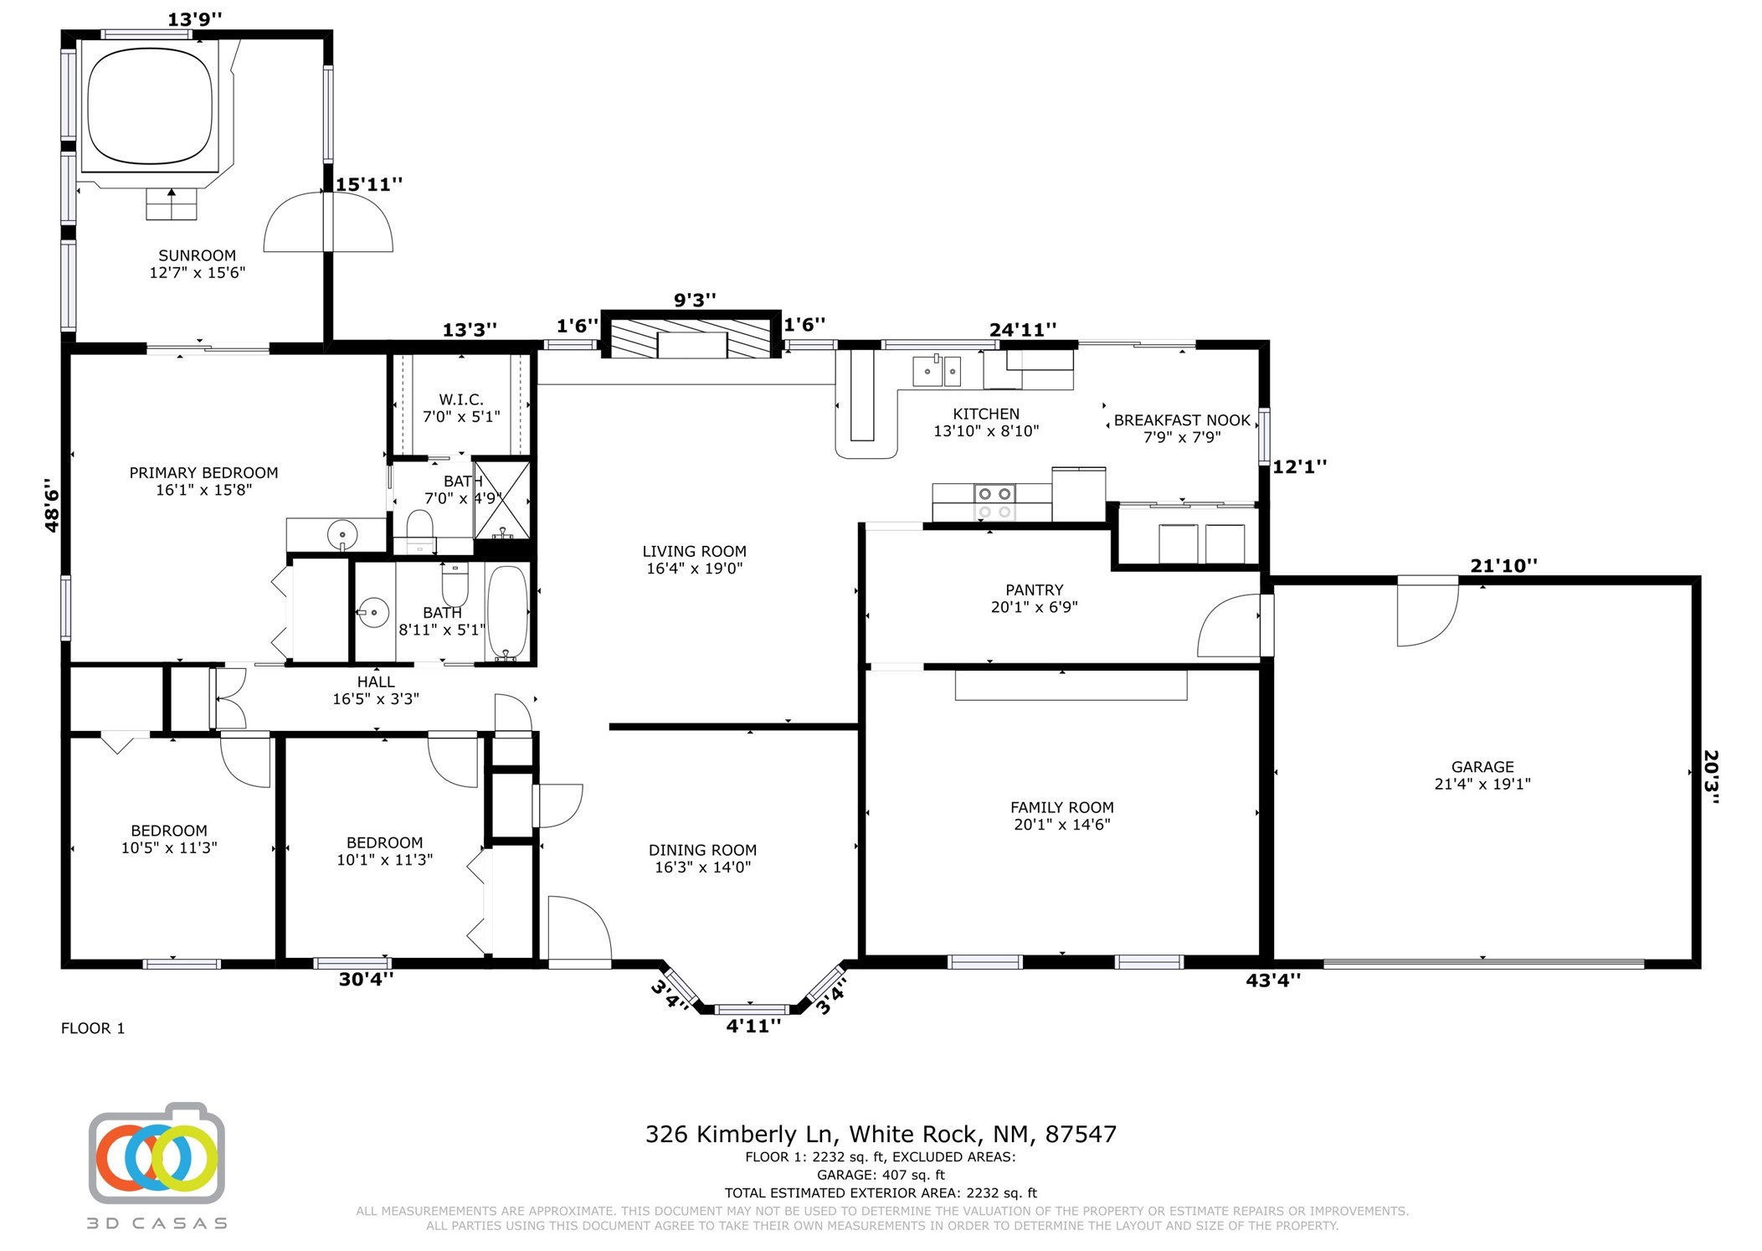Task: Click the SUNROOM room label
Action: pyautogui.click(x=198, y=255)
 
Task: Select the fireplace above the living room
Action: pyautogui.click(x=691, y=337)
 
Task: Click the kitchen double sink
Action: pyautogui.click(x=936, y=371)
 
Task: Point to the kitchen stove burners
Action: pyautogui.click(x=994, y=503)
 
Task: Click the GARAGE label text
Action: pyautogui.click(x=1482, y=766)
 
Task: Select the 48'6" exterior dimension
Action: pyautogui.click(x=52, y=505)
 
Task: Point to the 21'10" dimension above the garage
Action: pyautogui.click(x=1503, y=565)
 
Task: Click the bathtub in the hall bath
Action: pyautogui.click(x=507, y=612)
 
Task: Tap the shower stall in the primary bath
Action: pyautogui.click(x=502, y=500)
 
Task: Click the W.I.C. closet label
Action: pyautogui.click(x=461, y=399)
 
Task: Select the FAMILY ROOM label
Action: pyautogui.click(x=1061, y=807)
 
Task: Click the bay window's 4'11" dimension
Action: pyautogui.click(x=753, y=1026)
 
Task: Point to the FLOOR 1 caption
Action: pyautogui.click(x=93, y=1028)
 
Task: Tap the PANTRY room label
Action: pyautogui.click(x=1034, y=589)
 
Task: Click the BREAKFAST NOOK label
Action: pyautogui.click(x=1182, y=420)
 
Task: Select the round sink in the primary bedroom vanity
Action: pyautogui.click(x=342, y=533)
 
